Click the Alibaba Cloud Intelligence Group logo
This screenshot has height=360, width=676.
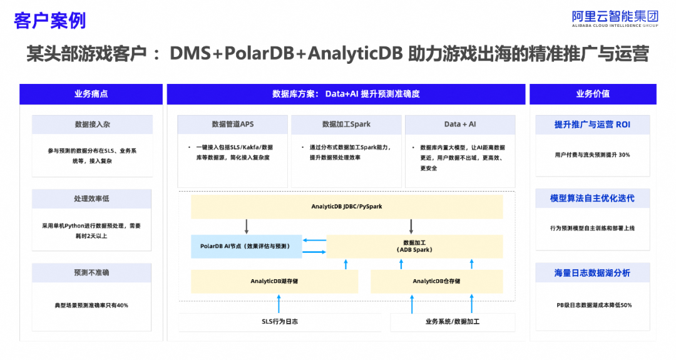tap(615, 19)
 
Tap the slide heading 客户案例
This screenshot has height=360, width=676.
tap(50, 20)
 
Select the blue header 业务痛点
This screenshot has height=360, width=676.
tap(91, 94)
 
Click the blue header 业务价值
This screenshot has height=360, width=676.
tap(593, 94)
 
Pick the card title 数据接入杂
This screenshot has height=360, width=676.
tap(92, 124)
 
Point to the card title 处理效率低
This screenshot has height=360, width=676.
tap(91, 198)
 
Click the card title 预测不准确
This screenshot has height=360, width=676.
tap(91, 272)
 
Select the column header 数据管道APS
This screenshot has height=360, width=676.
tap(233, 124)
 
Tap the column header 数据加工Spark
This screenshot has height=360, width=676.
tap(346, 124)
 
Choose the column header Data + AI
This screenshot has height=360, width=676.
tap(460, 124)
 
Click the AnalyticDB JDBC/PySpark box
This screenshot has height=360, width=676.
tap(347, 207)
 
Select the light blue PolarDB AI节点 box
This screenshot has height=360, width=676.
tap(246, 246)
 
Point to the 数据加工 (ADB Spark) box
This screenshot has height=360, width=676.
tap(414, 246)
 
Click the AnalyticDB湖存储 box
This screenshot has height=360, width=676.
tap(274, 281)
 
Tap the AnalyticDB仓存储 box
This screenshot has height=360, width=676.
tap(436, 281)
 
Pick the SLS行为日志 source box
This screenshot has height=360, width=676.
tap(280, 322)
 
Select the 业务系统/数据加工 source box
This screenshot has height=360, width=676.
tap(453, 322)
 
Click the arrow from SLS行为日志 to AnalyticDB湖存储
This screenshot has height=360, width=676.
tap(279, 304)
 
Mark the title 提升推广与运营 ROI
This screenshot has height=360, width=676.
tap(592, 125)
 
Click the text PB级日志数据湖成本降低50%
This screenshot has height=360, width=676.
tap(594, 306)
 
